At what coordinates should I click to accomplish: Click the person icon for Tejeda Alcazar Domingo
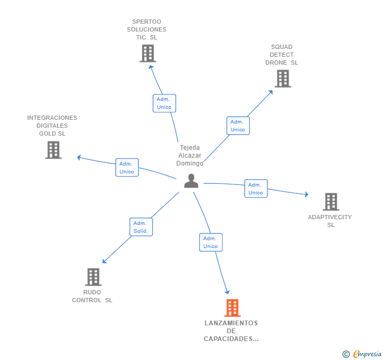(191, 181)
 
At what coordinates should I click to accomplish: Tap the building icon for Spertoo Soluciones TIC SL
(148, 53)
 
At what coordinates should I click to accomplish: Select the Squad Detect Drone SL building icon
(283, 78)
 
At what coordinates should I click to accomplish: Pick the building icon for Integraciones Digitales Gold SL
(53, 150)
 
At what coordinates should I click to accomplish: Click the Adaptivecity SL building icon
(330, 202)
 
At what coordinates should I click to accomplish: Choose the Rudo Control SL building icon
(93, 277)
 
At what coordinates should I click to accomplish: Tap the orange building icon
(232, 308)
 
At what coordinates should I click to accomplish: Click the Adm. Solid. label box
(140, 227)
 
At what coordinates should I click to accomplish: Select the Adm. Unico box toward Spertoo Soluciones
(164, 103)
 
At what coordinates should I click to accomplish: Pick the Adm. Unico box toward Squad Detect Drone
(238, 126)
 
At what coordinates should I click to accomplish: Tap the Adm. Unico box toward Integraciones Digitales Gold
(127, 168)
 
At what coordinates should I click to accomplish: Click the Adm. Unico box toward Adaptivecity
(256, 189)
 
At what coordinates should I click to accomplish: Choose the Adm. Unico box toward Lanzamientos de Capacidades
(210, 242)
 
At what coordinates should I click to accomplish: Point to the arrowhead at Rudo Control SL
(104, 261)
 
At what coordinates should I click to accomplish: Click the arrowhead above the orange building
(227, 291)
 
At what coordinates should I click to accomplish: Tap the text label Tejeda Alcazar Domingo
(190, 156)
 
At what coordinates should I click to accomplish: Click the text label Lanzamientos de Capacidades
(231, 331)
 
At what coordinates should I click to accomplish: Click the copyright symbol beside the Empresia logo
(346, 354)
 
